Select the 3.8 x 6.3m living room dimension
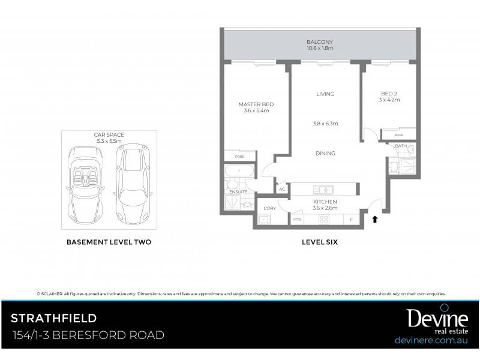pyautogui.click(x=326, y=124)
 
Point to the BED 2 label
pyautogui.click(x=389, y=94)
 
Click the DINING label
pyautogui.click(x=325, y=154)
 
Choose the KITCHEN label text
pyautogui.click(x=325, y=202)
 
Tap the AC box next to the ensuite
pyautogui.click(x=281, y=189)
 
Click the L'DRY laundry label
pyautogui.click(x=269, y=208)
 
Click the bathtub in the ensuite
pyautogui.click(x=239, y=171)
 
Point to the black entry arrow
pyautogui.click(x=376, y=220)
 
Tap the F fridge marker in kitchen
pyautogui.click(x=351, y=220)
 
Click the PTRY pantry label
pyautogui.click(x=296, y=220)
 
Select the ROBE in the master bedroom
pyautogui.click(x=239, y=156)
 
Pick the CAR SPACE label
pyautogui.click(x=109, y=135)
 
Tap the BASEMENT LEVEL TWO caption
pyautogui.click(x=108, y=242)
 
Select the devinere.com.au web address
pyautogui.click(x=430, y=340)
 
